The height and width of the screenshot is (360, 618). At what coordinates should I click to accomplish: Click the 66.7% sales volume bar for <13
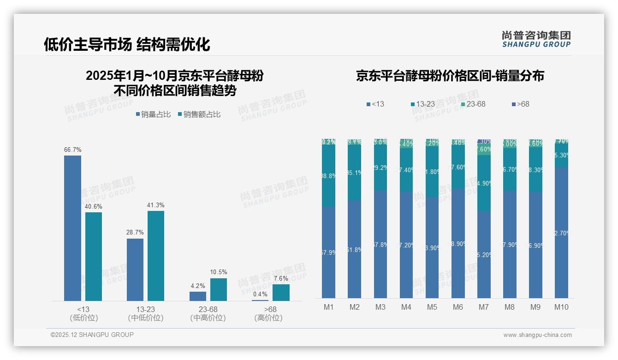click(x=72, y=228)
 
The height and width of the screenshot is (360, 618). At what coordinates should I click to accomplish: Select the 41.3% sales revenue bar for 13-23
click(x=156, y=256)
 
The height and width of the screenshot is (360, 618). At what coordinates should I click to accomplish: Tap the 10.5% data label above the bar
click(x=219, y=272)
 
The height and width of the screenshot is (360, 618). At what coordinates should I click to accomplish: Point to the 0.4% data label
click(x=260, y=294)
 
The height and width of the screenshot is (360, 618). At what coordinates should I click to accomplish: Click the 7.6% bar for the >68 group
click(x=281, y=293)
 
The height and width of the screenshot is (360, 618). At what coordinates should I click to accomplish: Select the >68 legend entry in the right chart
click(x=520, y=104)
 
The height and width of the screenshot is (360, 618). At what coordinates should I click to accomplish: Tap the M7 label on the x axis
click(x=483, y=307)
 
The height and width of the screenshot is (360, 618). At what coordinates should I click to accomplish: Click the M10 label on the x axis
click(x=561, y=307)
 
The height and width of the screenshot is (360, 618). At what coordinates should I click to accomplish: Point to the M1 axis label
click(x=328, y=307)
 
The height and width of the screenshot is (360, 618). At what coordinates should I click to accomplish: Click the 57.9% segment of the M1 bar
click(x=328, y=252)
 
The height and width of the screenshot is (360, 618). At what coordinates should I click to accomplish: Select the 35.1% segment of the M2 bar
click(x=354, y=173)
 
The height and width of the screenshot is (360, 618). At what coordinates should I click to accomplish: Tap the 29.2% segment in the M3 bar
click(x=380, y=168)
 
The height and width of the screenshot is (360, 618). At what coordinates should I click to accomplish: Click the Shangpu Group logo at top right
click(x=536, y=39)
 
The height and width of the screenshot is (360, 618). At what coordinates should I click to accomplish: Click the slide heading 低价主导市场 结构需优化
click(x=127, y=44)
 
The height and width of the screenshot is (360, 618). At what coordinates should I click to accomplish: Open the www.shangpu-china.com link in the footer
click(x=537, y=335)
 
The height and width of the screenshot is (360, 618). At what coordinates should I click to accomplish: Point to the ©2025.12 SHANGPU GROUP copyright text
click(x=92, y=335)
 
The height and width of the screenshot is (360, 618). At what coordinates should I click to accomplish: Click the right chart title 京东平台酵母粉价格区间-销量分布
click(x=450, y=76)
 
